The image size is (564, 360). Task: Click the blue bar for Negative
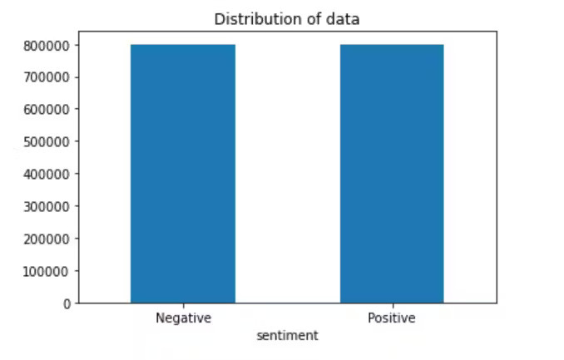(183, 174)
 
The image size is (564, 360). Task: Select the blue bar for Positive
(392, 174)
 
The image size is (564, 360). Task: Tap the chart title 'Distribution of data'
(287, 18)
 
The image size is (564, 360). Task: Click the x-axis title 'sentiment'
(287, 336)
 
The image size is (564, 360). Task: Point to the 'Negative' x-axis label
(183, 318)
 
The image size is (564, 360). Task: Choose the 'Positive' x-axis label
(392, 318)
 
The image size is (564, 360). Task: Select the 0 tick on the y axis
(67, 303)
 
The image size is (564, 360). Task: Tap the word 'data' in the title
(345, 18)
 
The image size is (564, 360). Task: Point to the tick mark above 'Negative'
(183, 305)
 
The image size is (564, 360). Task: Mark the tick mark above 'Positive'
(392, 305)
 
